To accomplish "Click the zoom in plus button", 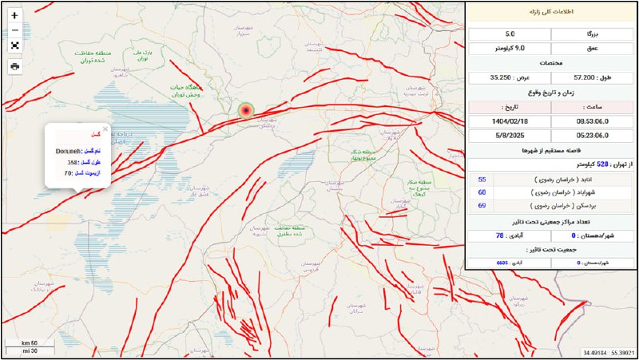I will pyautogui.click(x=14, y=15).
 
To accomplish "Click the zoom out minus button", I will pyautogui.click(x=14, y=30).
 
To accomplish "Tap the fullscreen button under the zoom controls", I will pyautogui.click(x=14, y=45).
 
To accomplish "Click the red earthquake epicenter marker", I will pyautogui.click(x=246, y=111).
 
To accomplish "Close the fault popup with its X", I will pyautogui.click(x=105, y=129).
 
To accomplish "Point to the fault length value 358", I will pyautogui.click(x=73, y=162).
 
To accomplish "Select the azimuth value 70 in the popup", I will pyautogui.click(x=69, y=172).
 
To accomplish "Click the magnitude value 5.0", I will pyautogui.click(x=510, y=34).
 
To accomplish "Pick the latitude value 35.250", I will pyautogui.click(x=501, y=78).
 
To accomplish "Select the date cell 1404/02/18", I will pyautogui.click(x=510, y=121).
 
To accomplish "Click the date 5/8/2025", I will pyautogui.click(x=510, y=135).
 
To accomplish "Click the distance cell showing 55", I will pyautogui.click(x=482, y=180).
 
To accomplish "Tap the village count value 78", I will pyautogui.click(x=500, y=235).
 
